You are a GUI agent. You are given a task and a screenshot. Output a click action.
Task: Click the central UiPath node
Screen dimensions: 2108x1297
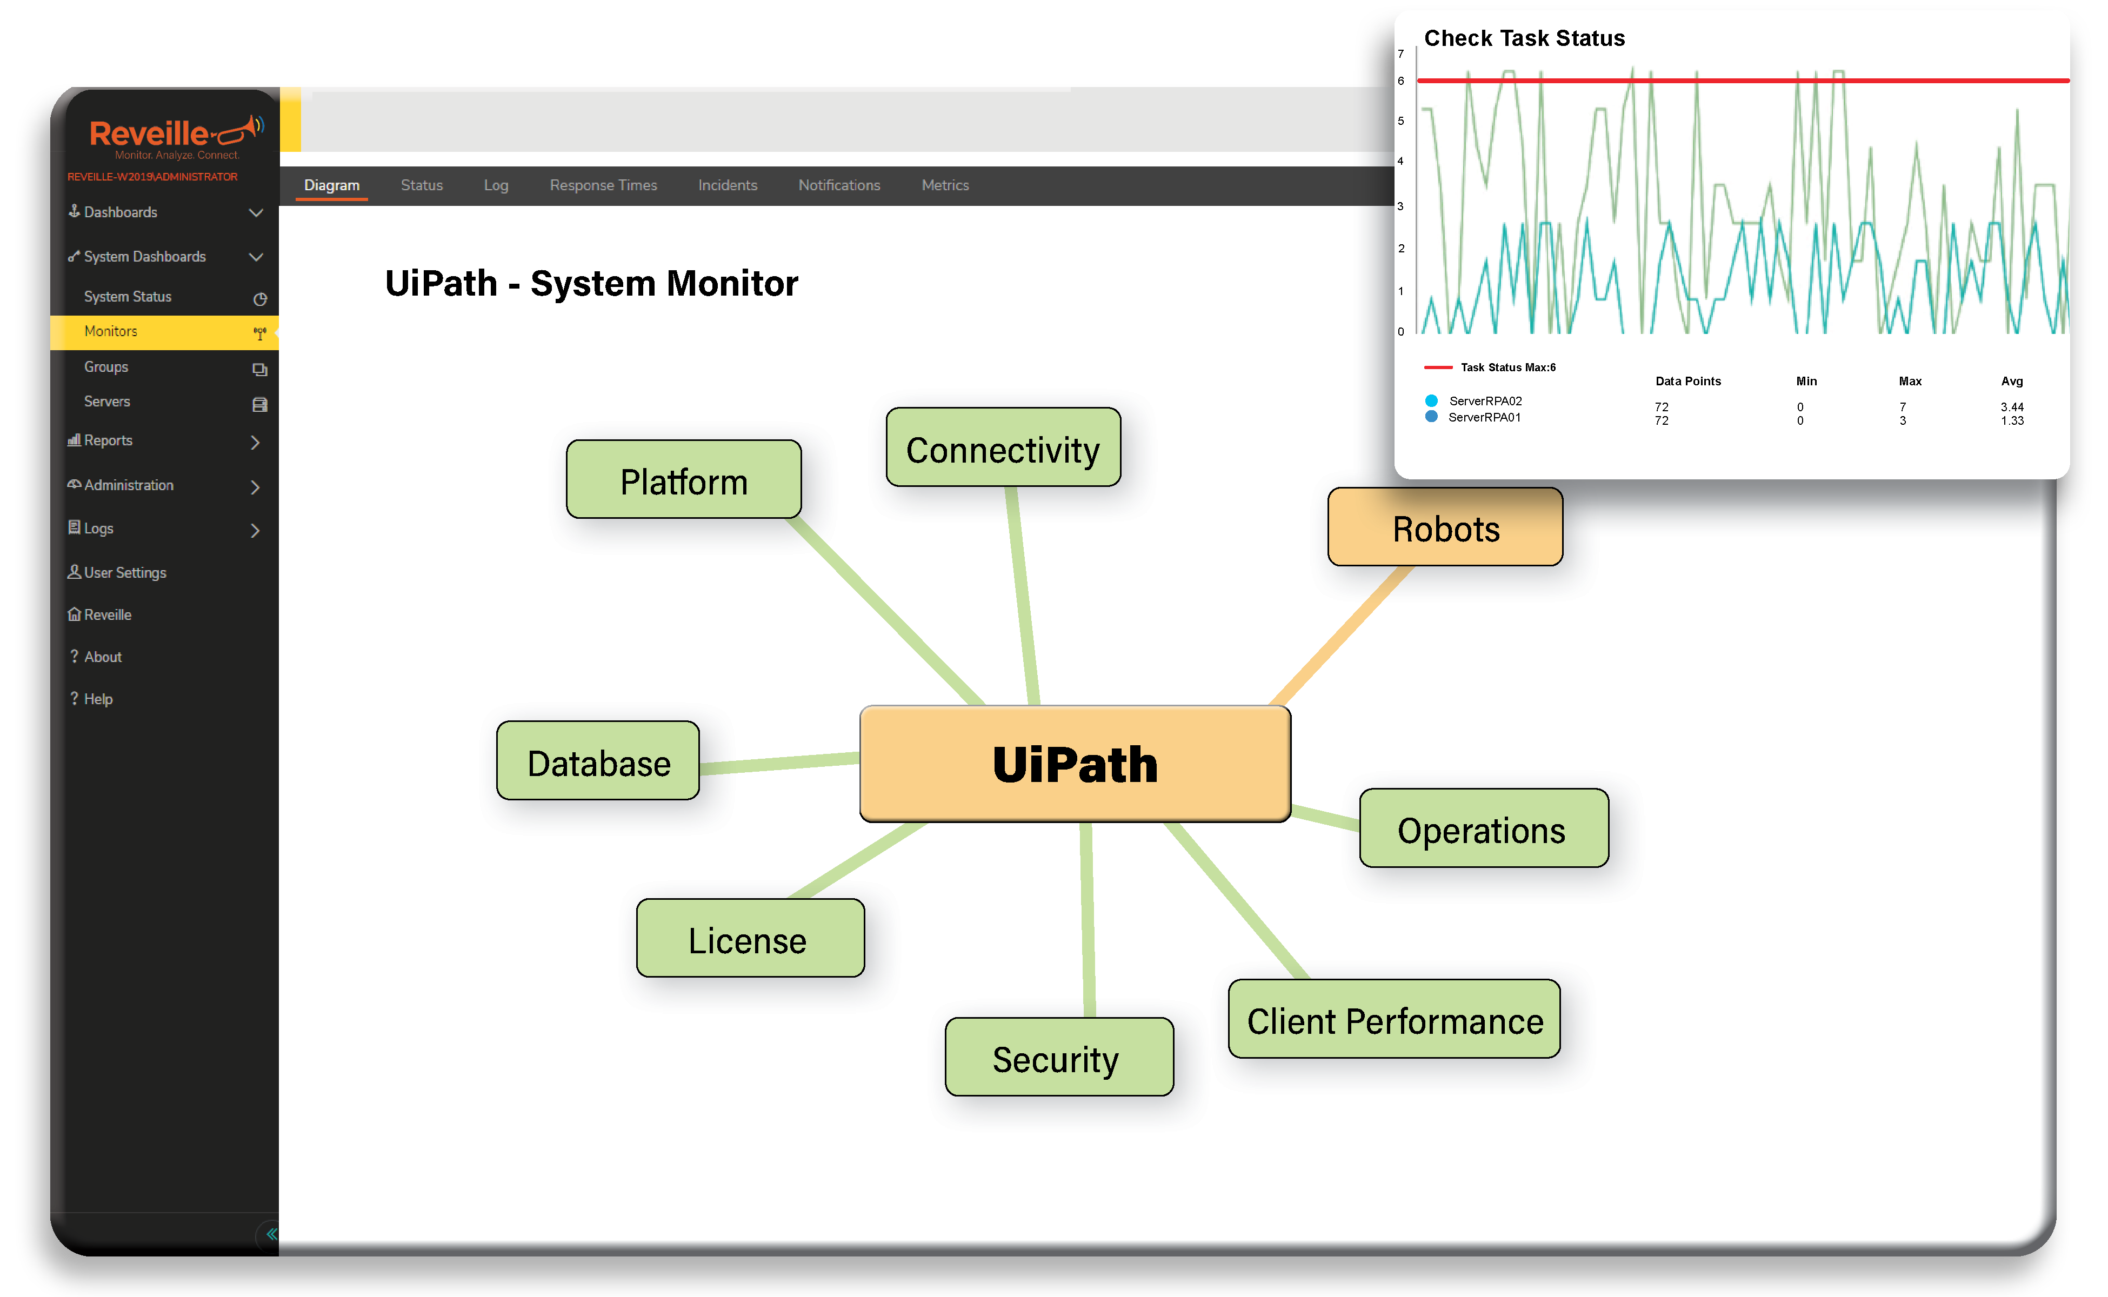coord(1075,764)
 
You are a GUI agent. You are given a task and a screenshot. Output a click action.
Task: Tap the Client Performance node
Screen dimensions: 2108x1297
coord(1394,1020)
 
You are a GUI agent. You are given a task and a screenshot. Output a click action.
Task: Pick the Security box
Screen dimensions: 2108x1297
coord(1059,1058)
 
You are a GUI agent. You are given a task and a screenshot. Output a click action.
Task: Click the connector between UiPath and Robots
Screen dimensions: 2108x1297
coord(1340,636)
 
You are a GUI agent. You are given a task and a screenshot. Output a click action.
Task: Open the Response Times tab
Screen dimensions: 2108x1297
coord(603,185)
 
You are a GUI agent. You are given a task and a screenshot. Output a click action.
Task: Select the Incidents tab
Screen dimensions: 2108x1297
coord(728,185)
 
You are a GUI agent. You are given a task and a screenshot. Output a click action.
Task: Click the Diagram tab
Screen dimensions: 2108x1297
coord(332,185)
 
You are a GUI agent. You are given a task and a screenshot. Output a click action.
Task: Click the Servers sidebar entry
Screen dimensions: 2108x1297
coord(107,402)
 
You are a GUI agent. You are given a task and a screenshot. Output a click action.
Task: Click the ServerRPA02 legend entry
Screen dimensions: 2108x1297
coord(1485,400)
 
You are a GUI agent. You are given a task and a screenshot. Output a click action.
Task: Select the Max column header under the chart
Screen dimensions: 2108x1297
coord(1910,381)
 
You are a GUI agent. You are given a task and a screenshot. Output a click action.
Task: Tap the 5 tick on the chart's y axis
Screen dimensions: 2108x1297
coord(1401,121)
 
